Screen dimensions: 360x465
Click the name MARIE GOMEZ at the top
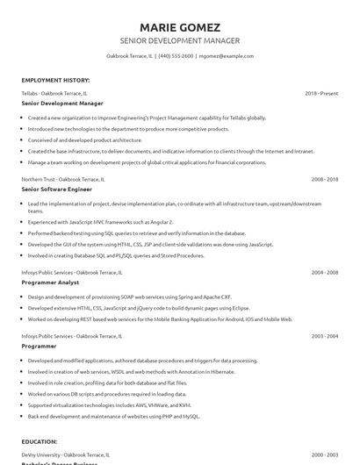pyautogui.click(x=179, y=26)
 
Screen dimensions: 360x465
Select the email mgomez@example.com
pyautogui.click(x=227, y=55)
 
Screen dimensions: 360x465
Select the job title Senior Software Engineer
pyautogui.click(x=56, y=189)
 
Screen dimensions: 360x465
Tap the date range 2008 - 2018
pyautogui.click(x=324, y=178)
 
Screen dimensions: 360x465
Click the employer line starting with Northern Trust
pyautogui.click(x=63, y=178)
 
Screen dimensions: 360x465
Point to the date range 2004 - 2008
pyautogui.click(x=324, y=272)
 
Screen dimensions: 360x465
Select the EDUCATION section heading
pyautogui.click(x=40, y=441)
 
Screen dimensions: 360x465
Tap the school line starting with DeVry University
pyautogui.click(x=66, y=455)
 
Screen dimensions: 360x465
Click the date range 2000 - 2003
pyautogui.click(x=324, y=455)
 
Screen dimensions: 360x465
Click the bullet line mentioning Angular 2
pyautogui.click(x=100, y=223)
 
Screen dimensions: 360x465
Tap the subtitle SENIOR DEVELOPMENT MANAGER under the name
pyautogui.click(x=179, y=40)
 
